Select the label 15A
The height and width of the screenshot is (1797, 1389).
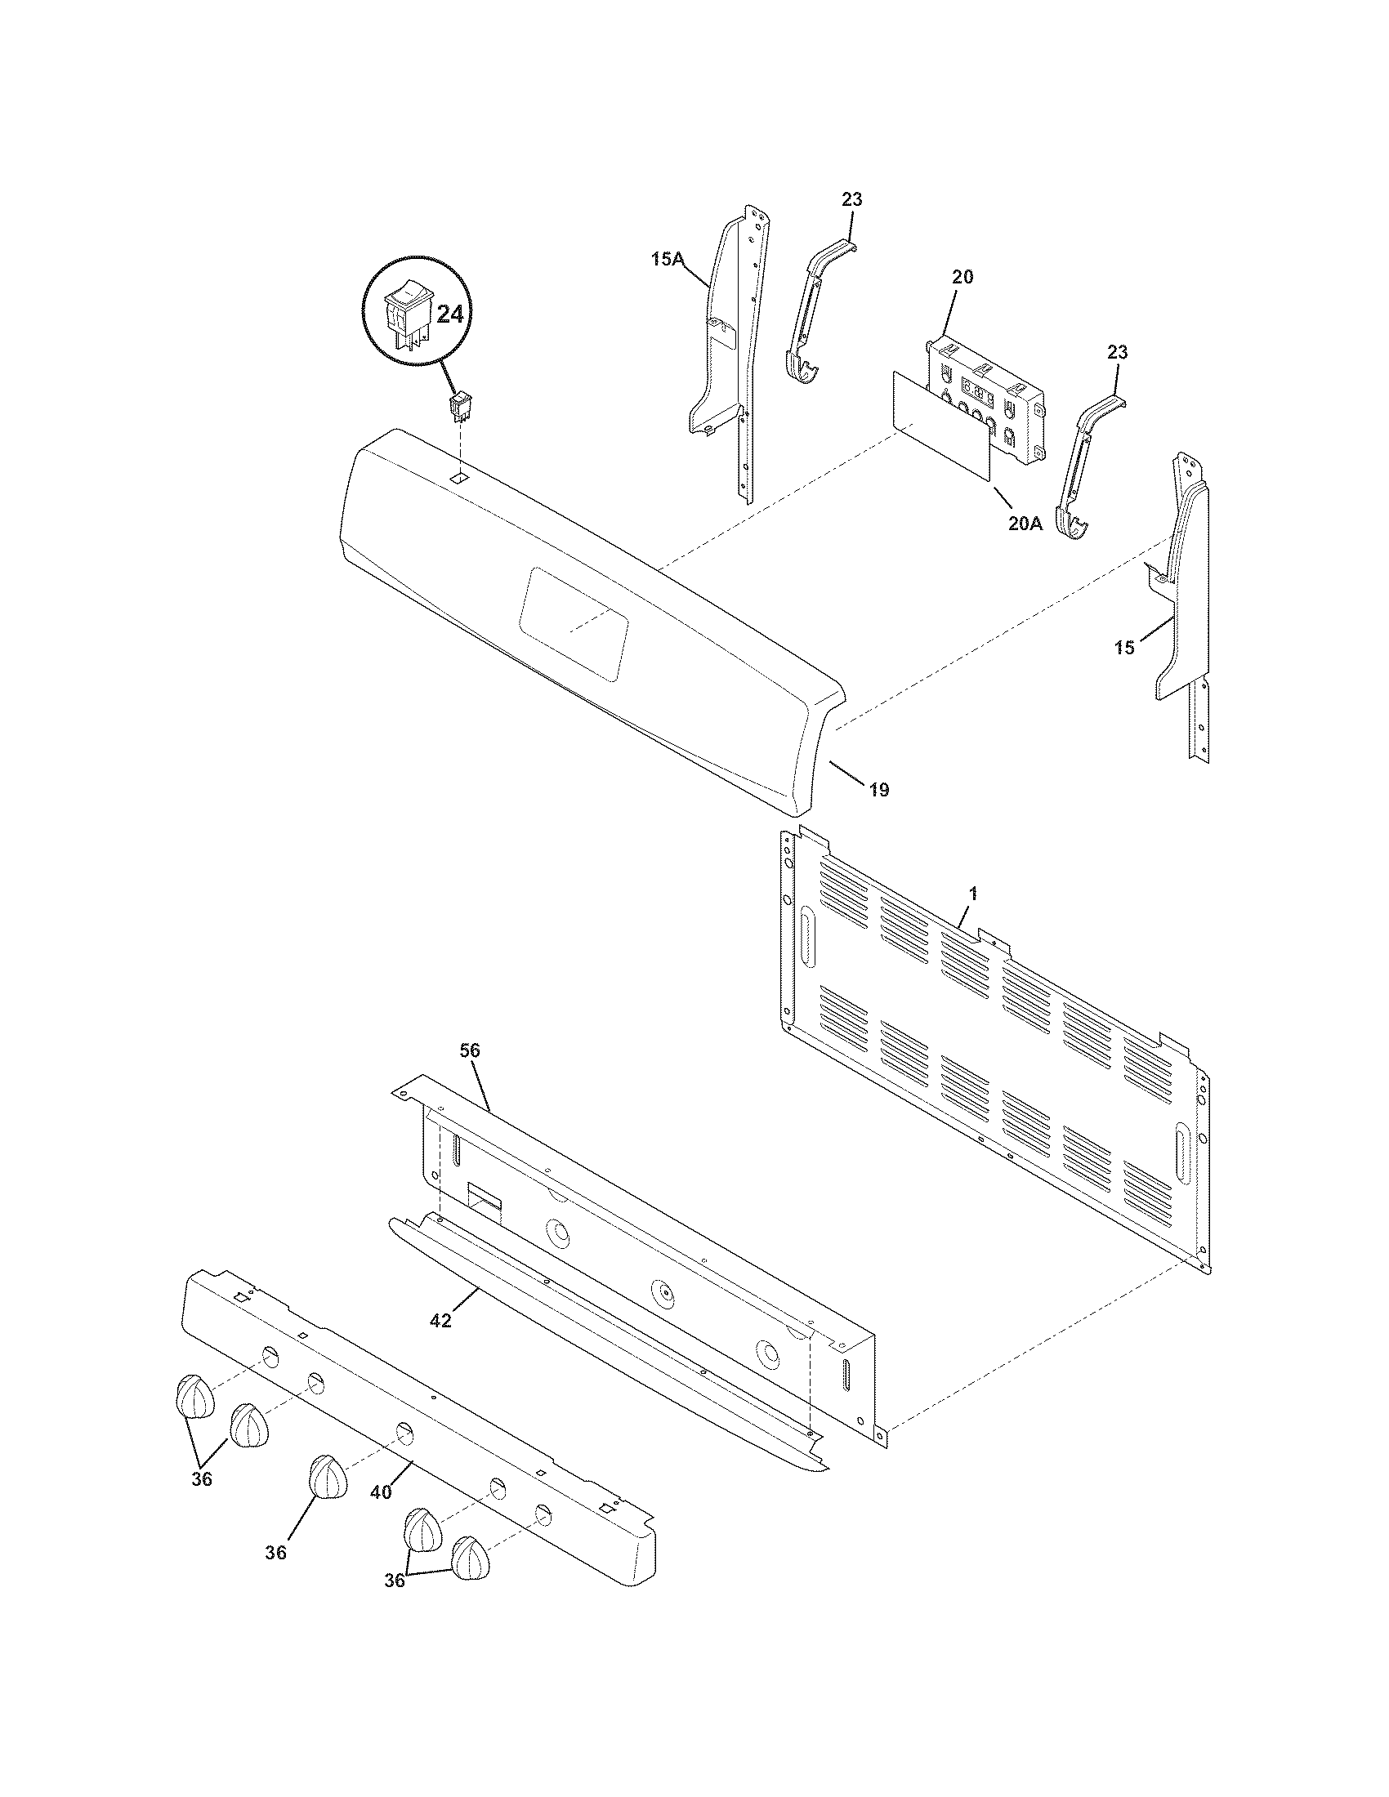[668, 259]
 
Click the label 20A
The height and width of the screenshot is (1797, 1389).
[1025, 523]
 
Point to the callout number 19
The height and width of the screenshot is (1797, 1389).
[879, 790]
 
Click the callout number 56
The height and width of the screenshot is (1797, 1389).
[470, 1050]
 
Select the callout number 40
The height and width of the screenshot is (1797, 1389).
[381, 1492]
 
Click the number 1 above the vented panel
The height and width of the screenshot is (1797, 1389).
[972, 893]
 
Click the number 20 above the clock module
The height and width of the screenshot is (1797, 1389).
[962, 277]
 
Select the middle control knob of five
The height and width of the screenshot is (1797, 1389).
[328, 1477]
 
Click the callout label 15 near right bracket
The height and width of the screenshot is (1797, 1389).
[1124, 648]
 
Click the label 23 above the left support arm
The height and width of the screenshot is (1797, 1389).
[851, 199]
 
